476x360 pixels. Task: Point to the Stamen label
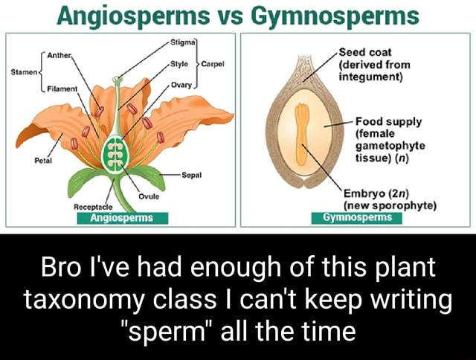(23, 72)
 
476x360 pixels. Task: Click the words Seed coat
(364, 52)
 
